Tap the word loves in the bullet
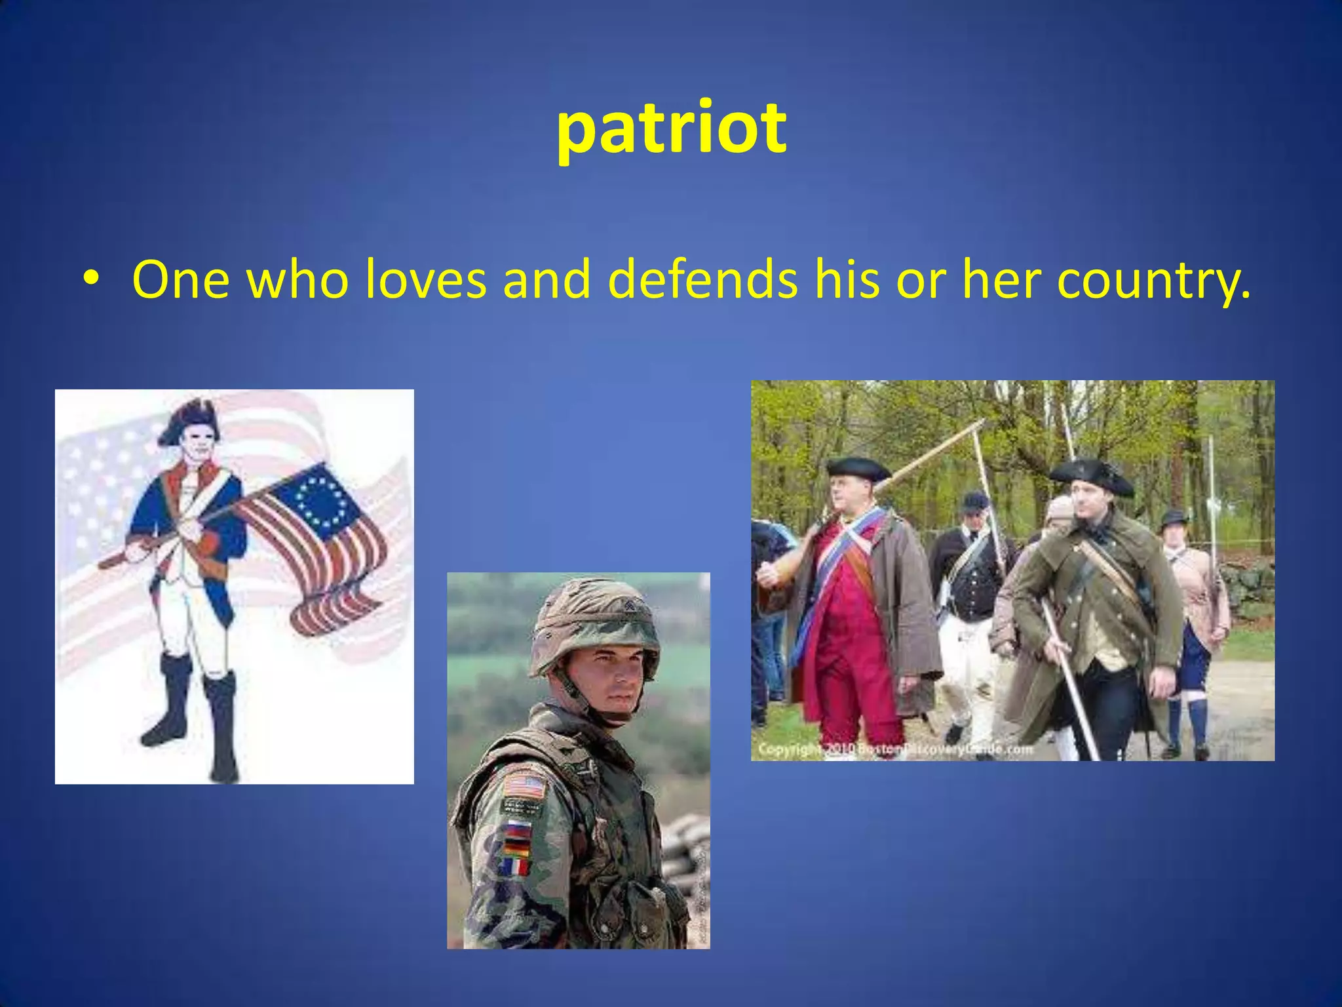click(425, 280)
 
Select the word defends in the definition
click(702, 280)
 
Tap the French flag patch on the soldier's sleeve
click(517, 867)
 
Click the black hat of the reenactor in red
click(857, 468)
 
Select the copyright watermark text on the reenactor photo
click(895, 749)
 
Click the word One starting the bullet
click(180, 280)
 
